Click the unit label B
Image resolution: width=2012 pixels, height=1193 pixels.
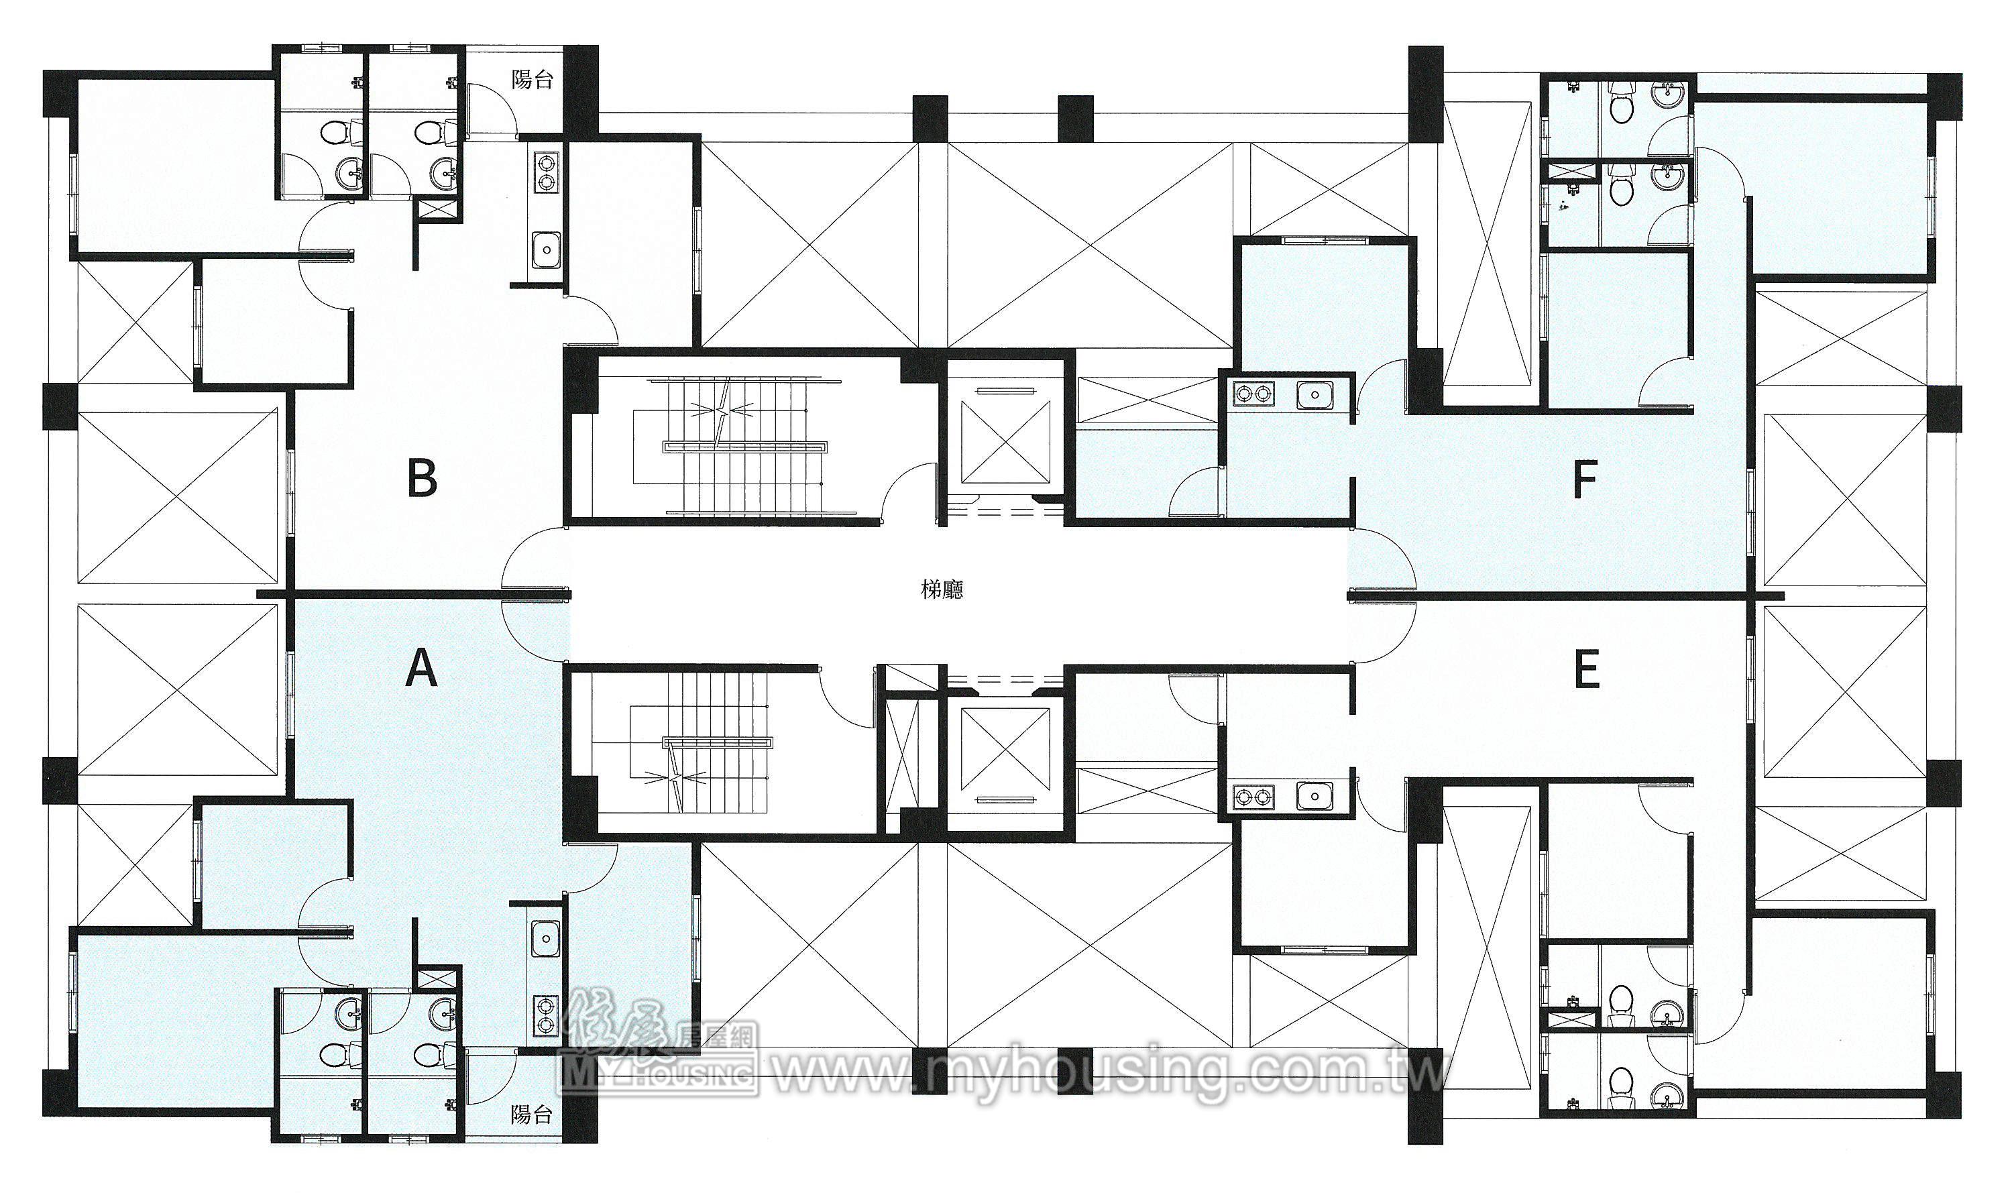(422, 479)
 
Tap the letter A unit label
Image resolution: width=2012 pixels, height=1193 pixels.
(421, 669)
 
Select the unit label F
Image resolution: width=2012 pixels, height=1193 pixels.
(1583, 480)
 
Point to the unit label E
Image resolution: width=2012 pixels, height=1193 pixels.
(1585, 671)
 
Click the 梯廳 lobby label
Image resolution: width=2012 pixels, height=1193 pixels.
(942, 590)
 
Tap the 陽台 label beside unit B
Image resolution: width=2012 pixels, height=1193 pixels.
(532, 80)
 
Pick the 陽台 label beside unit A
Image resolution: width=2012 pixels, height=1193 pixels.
(532, 1115)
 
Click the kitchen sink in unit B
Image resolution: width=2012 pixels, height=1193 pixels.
(546, 247)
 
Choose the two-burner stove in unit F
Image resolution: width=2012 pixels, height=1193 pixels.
(1255, 394)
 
